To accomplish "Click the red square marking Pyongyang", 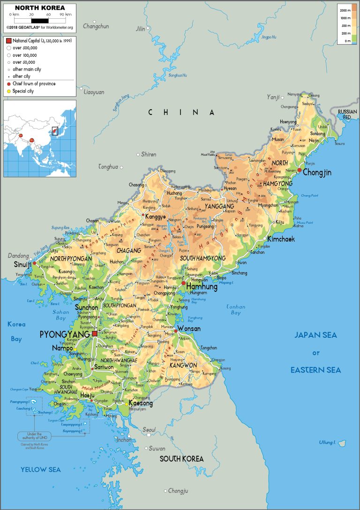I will coord(95,333).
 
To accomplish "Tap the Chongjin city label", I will coord(317,173).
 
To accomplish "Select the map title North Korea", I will coord(39,8).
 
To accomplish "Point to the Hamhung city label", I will coord(202,286).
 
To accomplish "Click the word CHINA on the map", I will coord(181,112).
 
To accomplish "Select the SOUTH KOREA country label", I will coord(181,458).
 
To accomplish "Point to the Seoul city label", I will coord(149,429).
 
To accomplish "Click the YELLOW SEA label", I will coord(40,469).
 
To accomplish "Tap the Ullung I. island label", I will coord(328,442).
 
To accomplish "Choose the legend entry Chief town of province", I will coord(34,84).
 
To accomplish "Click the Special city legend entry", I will coord(23,91).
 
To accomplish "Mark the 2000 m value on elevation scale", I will coord(345,10).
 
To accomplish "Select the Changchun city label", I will coord(96,27).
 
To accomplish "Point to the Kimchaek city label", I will coord(281,239).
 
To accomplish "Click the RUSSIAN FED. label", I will coord(347,114).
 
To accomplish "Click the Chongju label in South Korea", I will coord(178,491).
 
